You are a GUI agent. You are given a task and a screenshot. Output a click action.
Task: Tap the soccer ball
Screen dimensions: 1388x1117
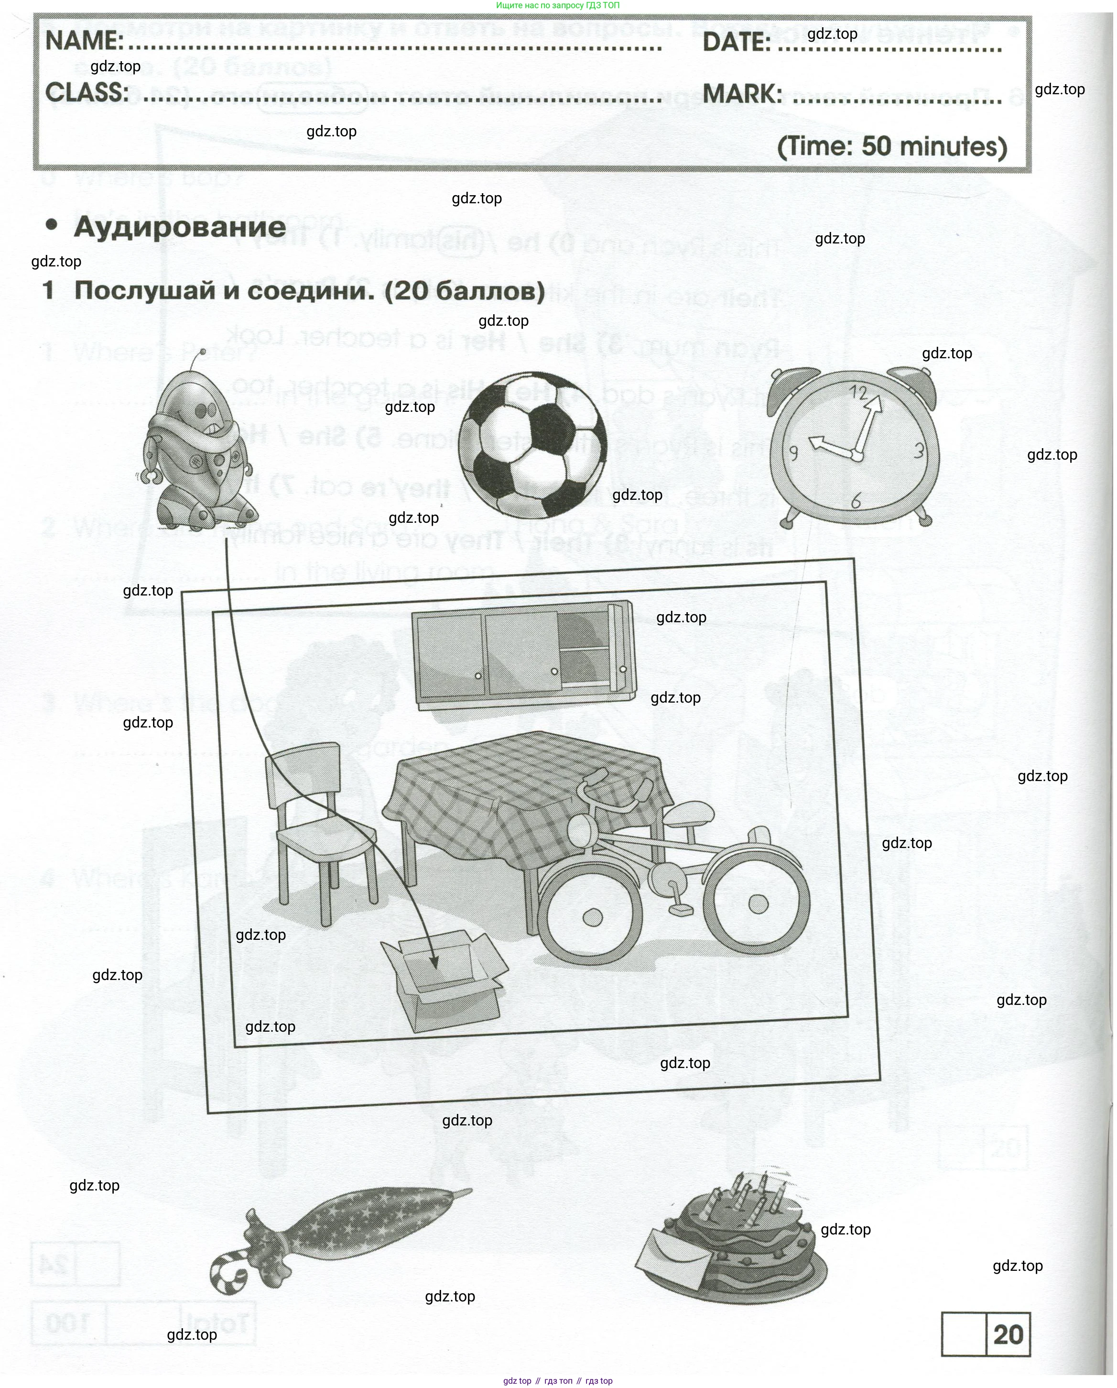coord(533,445)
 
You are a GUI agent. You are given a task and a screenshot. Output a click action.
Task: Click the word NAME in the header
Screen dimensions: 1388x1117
coord(84,41)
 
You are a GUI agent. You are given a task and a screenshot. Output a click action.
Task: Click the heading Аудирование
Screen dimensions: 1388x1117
coord(180,227)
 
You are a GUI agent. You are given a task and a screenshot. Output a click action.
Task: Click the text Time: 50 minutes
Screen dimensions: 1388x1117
coord(892,146)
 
